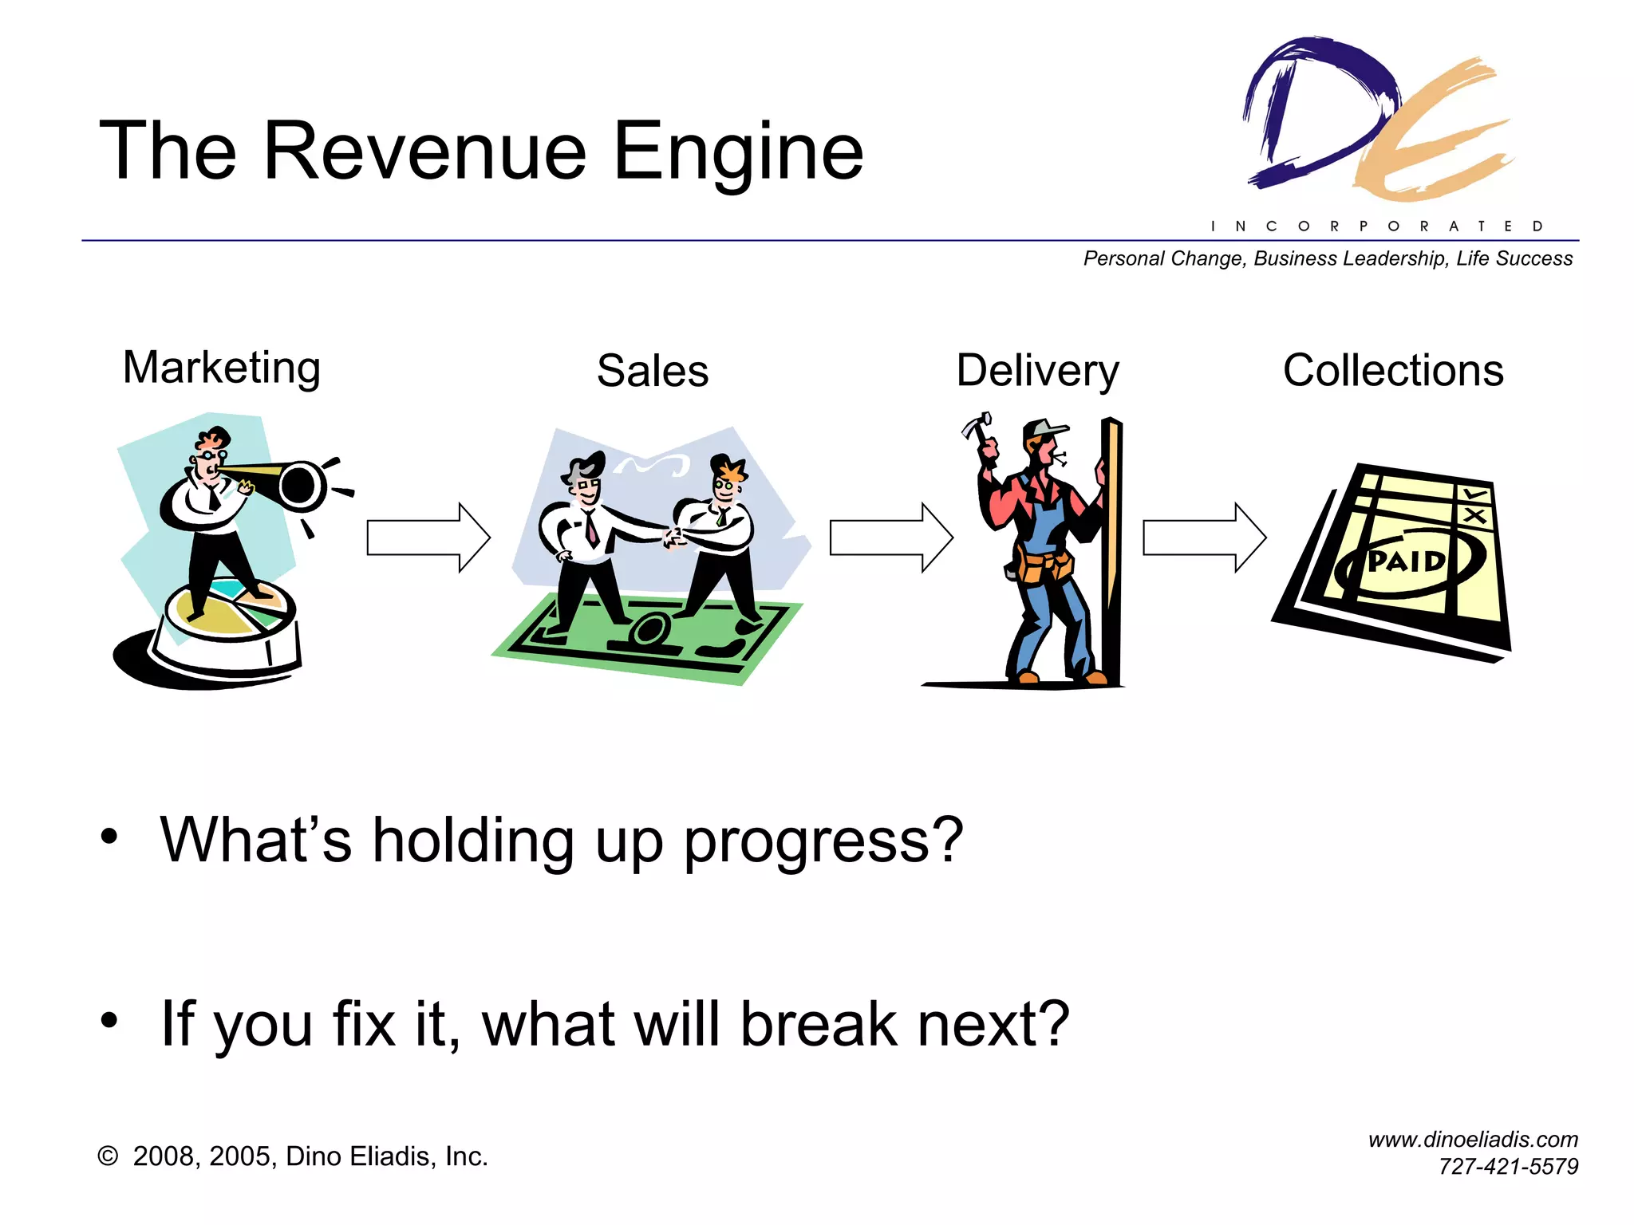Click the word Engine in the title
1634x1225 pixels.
[738, 152]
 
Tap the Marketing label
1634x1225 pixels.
[222, 368]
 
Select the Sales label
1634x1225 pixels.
[653, 372]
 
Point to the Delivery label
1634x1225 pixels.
[1037, 372]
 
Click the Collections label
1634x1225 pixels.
[1393, 372]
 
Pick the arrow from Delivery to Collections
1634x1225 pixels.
[1204, 538]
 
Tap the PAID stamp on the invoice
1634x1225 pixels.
[1407, 563]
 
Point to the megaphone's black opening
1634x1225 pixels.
[301, 483]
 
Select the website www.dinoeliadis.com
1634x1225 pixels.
[1473, 1140]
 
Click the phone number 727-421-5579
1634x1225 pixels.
[1508, 1167]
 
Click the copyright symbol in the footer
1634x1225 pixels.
[108, 1156]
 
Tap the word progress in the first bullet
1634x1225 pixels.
[823, 842]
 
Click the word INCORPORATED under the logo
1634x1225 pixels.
[1377, 226]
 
